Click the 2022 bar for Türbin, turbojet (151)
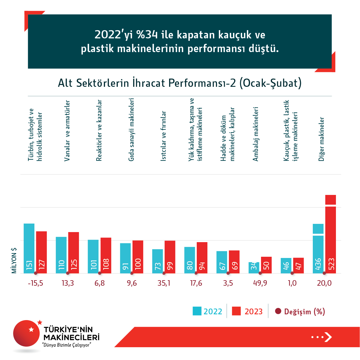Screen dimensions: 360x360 tap(29, 248)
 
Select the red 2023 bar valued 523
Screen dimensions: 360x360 tap(330, 235)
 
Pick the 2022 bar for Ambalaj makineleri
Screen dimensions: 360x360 tap(254, 267)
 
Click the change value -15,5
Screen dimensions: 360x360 tap(36, 283)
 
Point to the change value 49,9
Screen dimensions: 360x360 tap(260, 283)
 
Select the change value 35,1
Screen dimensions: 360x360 tap(164, 283)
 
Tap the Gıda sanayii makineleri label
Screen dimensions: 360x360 tap(131, 129)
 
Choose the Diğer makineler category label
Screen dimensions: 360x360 tap(322, 139)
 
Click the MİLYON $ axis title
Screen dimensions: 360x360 tap(14, 260)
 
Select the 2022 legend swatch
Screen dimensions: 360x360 tap(197, 311)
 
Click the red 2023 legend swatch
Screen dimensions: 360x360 tap(236, 311)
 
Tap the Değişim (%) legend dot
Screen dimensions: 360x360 tap(278, 311)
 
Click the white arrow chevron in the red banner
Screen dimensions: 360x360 tap(328, 337)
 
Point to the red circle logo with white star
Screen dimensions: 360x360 tap(26, 333)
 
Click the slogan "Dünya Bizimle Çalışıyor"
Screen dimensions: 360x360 tap(67, 345)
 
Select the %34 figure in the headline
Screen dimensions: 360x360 tap(147, 35)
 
